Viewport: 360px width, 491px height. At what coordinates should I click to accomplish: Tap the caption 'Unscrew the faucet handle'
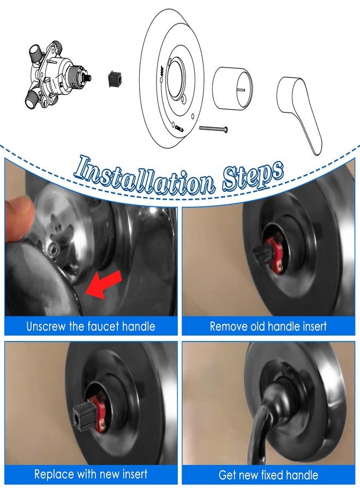pyautogui.click(x=91, y=327)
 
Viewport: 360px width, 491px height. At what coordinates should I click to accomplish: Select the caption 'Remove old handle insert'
pyautogui.click(x=268, y=327)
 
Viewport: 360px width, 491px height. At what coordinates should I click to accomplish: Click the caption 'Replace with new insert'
pyautogui.click(x=91, y=474)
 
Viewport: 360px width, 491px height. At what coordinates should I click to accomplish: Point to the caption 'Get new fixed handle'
pyautogui.click(x=268, y=475)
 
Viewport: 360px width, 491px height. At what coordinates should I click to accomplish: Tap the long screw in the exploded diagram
pyautogui.click(x=213, y=129)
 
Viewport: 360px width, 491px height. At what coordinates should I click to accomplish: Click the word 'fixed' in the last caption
pyautogui.click(x=283, y=475)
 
